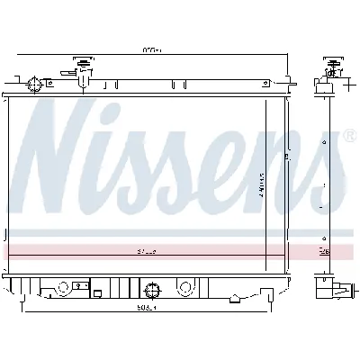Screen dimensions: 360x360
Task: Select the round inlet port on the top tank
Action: pyautogui.click(x=35, y=85)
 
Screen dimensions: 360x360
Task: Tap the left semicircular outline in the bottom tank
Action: pyautogui.click(x=65, y=288)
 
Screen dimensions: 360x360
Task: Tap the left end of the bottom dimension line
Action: pyautogui.click(x=22, y=309)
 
